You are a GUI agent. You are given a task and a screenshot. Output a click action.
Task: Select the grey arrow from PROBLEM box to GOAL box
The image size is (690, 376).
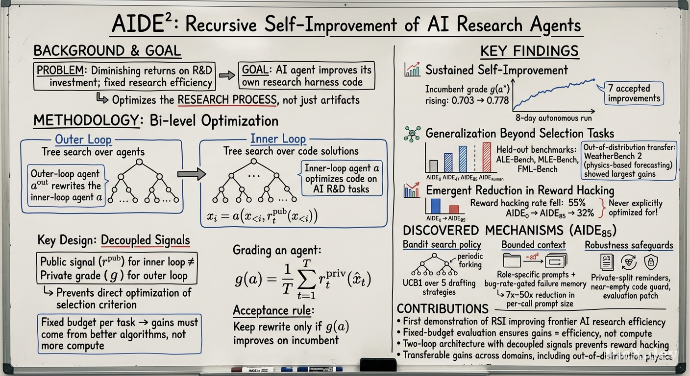click(x=227, y=75)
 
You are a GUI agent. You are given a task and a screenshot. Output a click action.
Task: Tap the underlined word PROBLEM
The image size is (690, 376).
click(x=60, y=70)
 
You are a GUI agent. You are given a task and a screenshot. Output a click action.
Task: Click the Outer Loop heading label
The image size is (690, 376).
click(x=83, y=140)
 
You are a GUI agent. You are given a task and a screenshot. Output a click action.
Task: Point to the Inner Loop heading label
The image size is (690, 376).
click(x=278, y=139)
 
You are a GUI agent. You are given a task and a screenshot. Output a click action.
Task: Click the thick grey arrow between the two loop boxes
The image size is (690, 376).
click(x=191, y=174)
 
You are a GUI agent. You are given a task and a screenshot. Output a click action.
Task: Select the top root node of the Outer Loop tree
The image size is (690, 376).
click(x=139, y=162)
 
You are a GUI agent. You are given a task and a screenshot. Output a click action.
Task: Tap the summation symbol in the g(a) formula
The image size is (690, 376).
click(x=306, y=279)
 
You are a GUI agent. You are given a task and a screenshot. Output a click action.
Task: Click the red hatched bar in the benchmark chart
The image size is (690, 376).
click(x=487, y=157)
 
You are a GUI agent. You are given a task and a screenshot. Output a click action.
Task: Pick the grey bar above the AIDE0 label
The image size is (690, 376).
click(x=433, y=166)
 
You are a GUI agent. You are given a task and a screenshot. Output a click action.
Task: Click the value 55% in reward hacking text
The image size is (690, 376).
click(x=577, y=203)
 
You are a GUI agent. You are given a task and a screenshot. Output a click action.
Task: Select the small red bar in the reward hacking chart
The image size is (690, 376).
click(x=454, y=209)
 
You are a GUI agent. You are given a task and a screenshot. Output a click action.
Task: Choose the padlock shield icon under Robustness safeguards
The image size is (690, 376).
click(x=651, y=262)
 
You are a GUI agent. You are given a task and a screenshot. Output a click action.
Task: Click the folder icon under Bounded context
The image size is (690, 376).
click(x=512, y=260)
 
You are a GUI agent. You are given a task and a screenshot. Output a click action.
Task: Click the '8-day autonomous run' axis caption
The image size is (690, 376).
click(x=554, y=118)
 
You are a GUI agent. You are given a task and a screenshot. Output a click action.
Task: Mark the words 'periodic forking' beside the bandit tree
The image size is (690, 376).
click(x=470, y=260)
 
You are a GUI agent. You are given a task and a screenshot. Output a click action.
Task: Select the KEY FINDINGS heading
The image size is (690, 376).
click(x=530, y=51)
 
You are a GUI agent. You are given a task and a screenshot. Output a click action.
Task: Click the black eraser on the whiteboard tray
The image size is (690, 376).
click(x=378, y=365)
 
